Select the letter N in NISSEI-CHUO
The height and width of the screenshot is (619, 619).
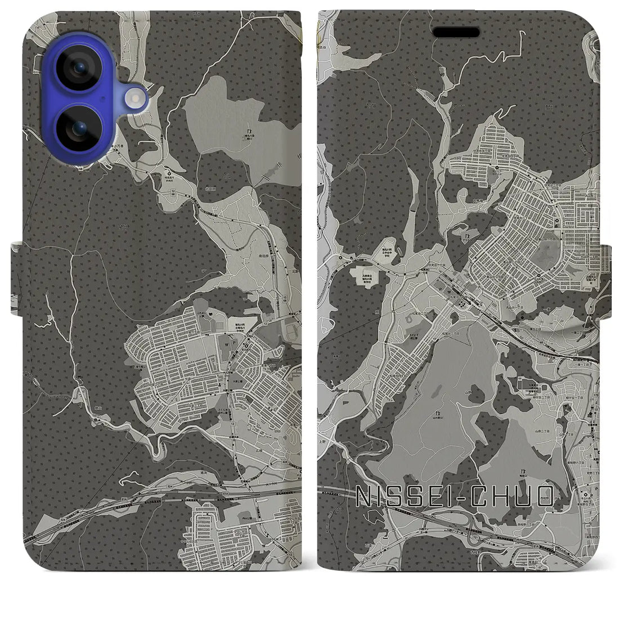pyautogui.click(x=366, y=497)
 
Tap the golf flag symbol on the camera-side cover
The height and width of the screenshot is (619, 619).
pyautogui.click(x=247, y=132)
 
